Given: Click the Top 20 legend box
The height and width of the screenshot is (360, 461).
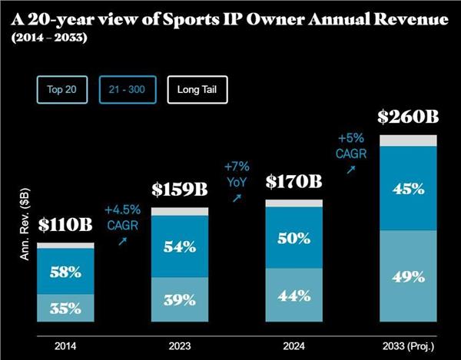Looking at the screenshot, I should [x=65, y=89].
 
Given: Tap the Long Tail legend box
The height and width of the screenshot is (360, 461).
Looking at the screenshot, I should [x=198, y=89].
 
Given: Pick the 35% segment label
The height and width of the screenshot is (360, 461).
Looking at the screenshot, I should [x=65, y=309].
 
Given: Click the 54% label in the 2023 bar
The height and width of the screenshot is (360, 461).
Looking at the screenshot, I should [x=179, y=247].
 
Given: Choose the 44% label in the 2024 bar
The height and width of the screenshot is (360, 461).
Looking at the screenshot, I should [x=293, y=296].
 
